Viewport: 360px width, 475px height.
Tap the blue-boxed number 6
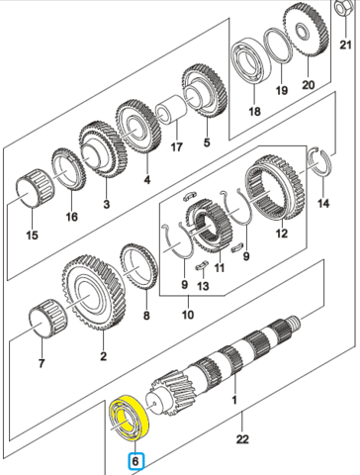point(135,461)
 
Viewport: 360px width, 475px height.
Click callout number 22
point(242,439)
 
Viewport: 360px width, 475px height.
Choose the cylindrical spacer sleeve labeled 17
point(171,109)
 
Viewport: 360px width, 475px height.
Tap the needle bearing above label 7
point(47,319)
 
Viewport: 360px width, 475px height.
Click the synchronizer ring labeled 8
point(138,266)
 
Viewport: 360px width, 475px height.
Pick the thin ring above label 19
point(278,46)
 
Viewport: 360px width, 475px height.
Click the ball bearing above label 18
point(251,62)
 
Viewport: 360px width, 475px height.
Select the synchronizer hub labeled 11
point(210,228)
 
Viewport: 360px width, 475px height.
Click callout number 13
point(203,286)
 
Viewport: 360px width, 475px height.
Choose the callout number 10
point(188,315)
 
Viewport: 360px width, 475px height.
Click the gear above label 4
point(138,128)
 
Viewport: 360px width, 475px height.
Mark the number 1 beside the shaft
point(234,400)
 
